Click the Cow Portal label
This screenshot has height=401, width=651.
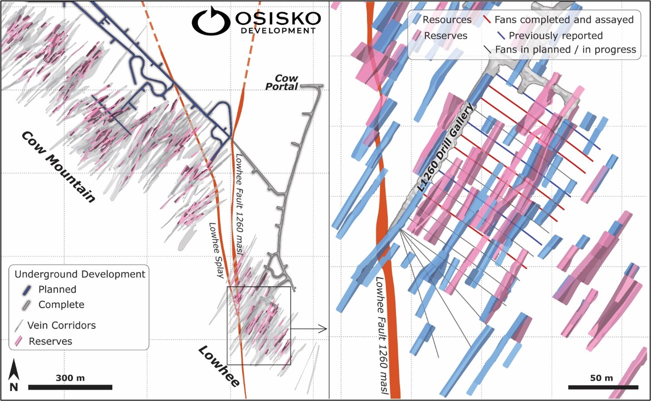282,83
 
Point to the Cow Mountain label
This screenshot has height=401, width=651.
58,166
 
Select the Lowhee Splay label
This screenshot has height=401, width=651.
216,250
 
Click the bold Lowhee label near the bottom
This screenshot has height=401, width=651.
219,367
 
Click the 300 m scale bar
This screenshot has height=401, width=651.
70,387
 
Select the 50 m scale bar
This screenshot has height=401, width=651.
603,387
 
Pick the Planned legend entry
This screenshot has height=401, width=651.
57,289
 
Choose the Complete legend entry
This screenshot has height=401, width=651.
61,305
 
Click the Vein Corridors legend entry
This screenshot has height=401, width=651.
61,325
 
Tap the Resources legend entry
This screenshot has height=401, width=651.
447,20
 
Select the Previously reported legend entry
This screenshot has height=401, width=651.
555,35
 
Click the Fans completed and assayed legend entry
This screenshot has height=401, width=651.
564,20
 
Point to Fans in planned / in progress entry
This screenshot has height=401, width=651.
565,49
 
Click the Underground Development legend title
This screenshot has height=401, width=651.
80,274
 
